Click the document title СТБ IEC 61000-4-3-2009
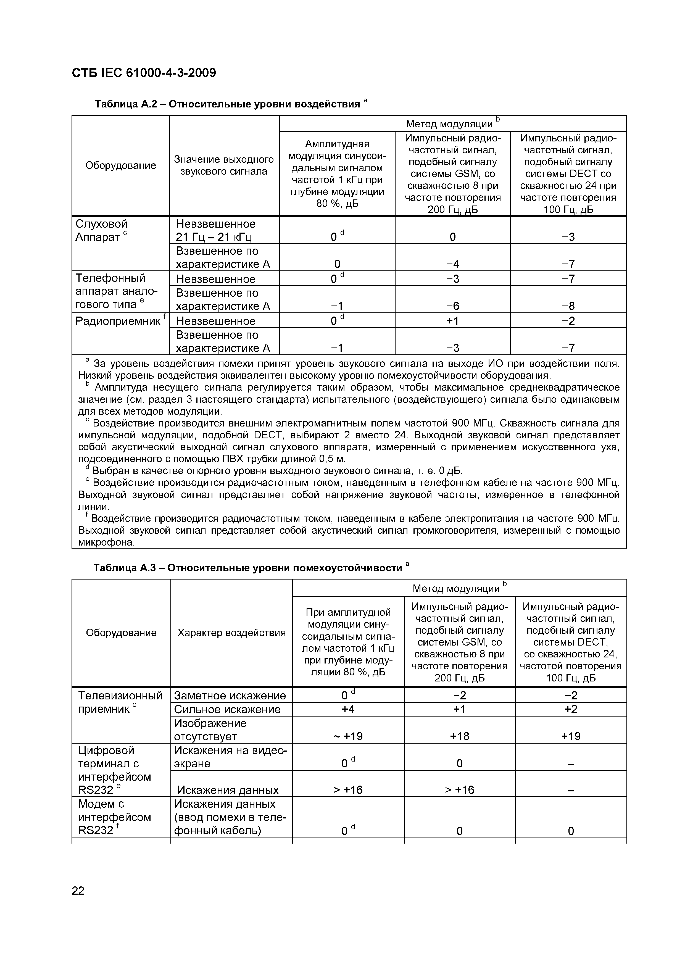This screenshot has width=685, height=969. (x=144, y=73)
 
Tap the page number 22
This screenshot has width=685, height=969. (x=78, y=891)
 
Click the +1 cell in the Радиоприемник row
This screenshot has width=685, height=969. (x=452, y=321)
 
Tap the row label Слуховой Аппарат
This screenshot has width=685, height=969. (x=101, y=230)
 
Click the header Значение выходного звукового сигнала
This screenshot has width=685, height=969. (x=224, y=165)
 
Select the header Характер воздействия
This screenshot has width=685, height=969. (x=231, y=633)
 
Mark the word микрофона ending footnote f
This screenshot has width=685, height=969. (x=106, y=542)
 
